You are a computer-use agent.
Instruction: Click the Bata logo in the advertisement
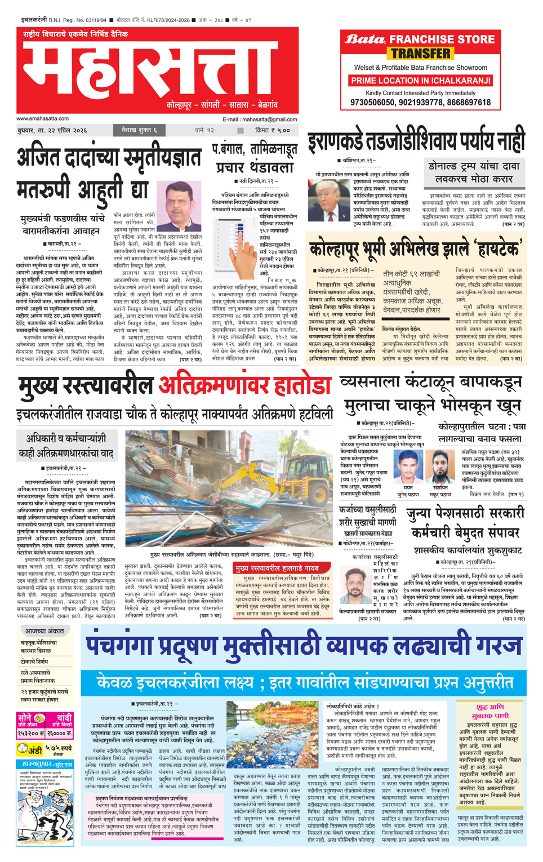[364, 39]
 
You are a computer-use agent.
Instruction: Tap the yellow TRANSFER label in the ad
[421, 54]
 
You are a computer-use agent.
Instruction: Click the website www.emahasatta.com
[43, 119]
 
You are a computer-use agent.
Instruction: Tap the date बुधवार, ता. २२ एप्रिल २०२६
[51, 131]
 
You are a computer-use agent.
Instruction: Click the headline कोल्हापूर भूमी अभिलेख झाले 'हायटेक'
[415, 249]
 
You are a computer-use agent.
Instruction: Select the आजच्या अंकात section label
[44, 631]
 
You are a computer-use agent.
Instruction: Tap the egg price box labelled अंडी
[44, 750]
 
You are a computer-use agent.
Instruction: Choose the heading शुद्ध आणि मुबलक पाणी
[489, 711]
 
